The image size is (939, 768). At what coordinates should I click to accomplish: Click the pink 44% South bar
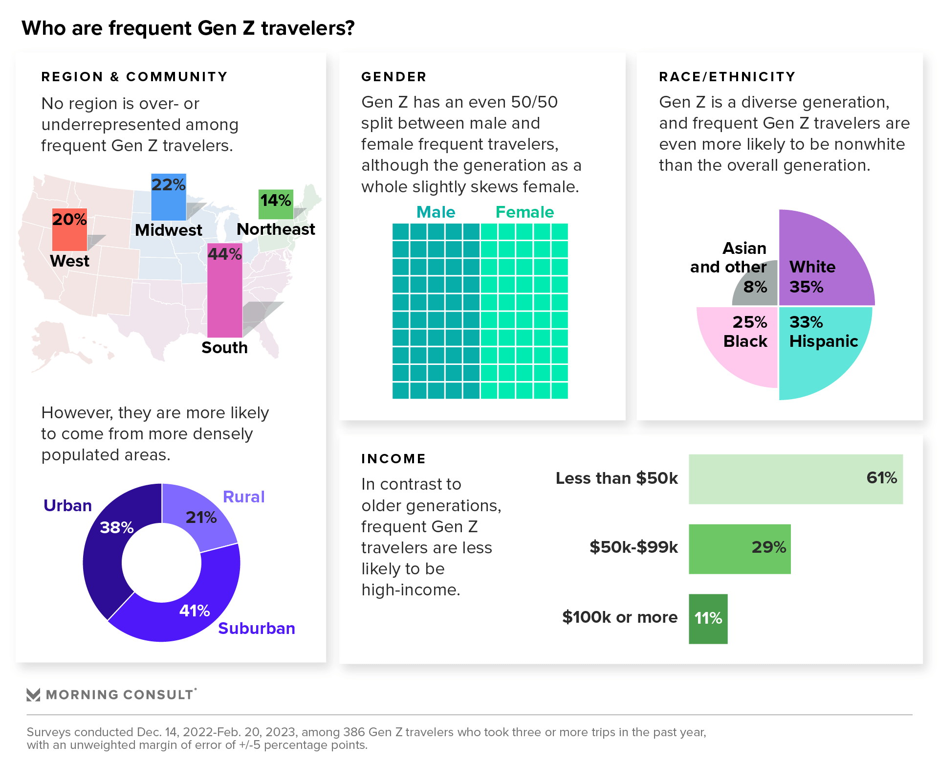[x=224, y=294]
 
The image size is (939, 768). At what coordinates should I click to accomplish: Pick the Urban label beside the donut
[x=67, y=505]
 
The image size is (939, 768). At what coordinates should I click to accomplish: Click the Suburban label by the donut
[x=256, y=628]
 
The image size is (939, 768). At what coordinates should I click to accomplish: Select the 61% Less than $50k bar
[x=795, y=479]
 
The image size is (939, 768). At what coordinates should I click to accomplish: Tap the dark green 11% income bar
[x=708, y=619]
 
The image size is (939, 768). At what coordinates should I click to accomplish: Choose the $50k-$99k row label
[x=633, y=547]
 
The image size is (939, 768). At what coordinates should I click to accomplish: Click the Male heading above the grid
[x=436, y=212]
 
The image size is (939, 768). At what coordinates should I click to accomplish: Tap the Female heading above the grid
[x=524, y=212]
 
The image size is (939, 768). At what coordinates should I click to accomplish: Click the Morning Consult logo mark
[x=33, y=695]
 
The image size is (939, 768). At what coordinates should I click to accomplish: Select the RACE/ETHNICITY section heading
[x=727, y=77]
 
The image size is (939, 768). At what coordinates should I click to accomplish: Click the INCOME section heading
[x=393, y=459]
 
